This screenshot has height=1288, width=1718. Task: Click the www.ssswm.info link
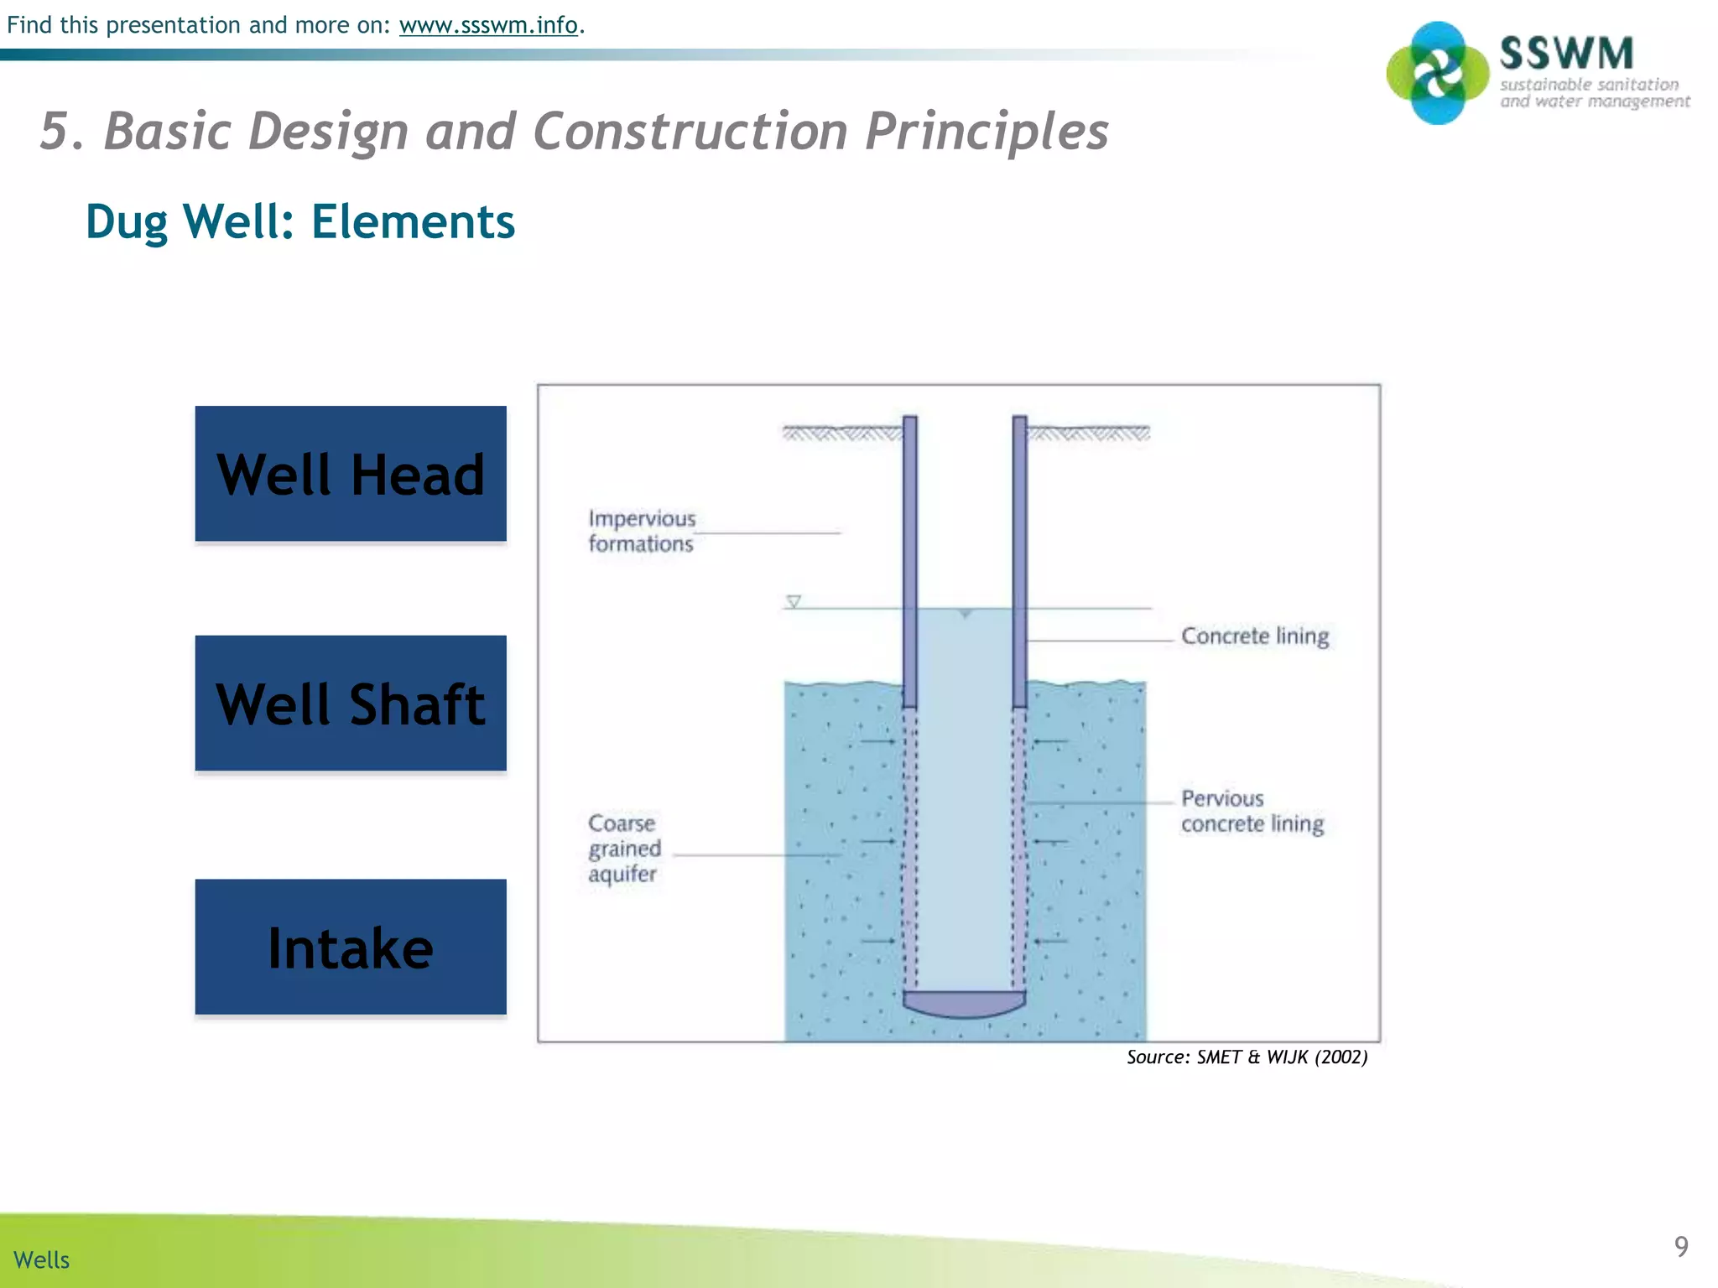point(488,25)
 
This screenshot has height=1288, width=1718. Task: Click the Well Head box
point(351,474)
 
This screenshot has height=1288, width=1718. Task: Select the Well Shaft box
point(351,703)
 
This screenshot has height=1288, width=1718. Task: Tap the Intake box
point(351,947)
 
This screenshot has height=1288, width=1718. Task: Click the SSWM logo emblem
point(1438,73)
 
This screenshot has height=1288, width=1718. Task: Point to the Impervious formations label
point(642,531)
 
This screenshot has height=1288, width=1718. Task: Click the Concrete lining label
point(1255,636)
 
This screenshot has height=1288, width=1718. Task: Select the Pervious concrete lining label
point(1252,811)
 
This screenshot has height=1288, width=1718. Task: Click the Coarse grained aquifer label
point(624,848)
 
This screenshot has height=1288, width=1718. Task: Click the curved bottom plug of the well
point(964,1004)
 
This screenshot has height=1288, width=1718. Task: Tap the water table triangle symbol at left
point(794,601)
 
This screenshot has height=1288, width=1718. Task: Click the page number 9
point(1681,1246)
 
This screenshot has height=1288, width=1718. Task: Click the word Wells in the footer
point(42,1259)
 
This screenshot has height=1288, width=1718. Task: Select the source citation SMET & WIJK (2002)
point(1247,1057)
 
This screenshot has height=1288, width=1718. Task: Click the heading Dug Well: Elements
point(300,222)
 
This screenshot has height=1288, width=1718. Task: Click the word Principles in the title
point(987,132)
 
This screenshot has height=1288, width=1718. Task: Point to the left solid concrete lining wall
point(910,562)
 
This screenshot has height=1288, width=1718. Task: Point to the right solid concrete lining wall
point(1019,562)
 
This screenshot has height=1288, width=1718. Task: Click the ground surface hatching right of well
point(1088,433)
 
